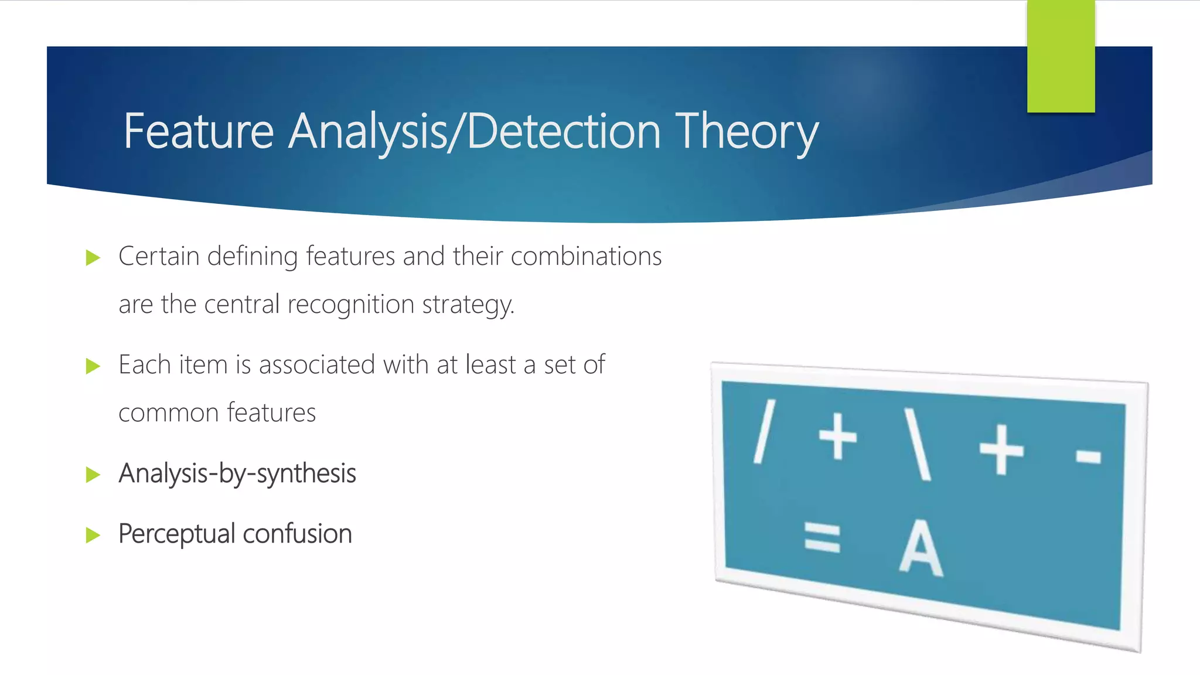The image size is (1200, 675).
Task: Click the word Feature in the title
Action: (198, 132)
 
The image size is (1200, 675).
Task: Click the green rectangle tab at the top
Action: (1061, 56)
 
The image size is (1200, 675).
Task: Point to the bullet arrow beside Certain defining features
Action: (93, 258)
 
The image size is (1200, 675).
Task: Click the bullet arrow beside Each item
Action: (93, 366)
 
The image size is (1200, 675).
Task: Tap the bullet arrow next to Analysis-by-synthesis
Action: (93, 475)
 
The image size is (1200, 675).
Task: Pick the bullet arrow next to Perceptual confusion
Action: (93, 535)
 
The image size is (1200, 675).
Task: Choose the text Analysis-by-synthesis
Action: (237, 473)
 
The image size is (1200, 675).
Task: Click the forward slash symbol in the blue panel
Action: (764, 432)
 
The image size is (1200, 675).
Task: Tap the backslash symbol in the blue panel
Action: (918, 444)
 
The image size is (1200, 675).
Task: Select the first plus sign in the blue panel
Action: (837, 437)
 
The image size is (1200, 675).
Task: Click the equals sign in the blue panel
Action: (822, 538)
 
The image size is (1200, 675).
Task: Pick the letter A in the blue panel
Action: (921, 549)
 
